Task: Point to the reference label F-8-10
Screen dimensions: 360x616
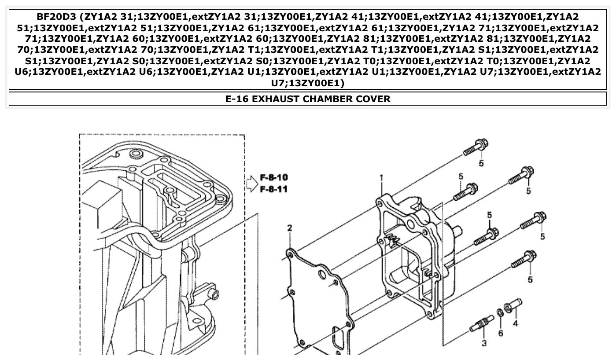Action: coord(273,178)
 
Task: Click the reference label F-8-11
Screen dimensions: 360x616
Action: coord(273,190)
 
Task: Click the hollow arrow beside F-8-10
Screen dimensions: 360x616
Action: coord(251,184)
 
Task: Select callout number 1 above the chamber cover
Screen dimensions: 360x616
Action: coord(381,178)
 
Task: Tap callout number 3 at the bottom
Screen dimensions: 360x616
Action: coord(484,343)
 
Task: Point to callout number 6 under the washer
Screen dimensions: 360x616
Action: coord(501,333)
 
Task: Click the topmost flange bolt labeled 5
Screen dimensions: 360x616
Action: coord(476,147)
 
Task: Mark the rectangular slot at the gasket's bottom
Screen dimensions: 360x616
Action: coord(338,340)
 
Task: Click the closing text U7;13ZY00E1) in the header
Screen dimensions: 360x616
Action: coord(307,82)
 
